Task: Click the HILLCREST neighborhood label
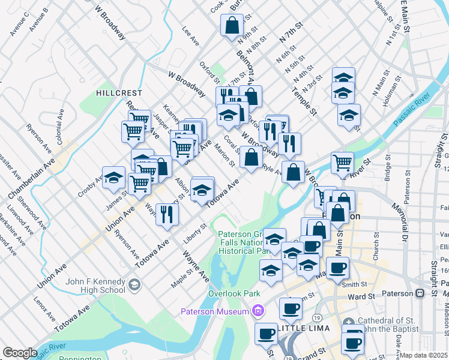(x=119, y=93)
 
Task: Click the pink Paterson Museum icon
(x=259, y=311)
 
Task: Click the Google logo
(x=20, y=353)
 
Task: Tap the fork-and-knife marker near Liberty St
(x=167, y=214)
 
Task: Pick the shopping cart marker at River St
(x=342, y=162)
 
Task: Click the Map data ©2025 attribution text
(x=424, y=355)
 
